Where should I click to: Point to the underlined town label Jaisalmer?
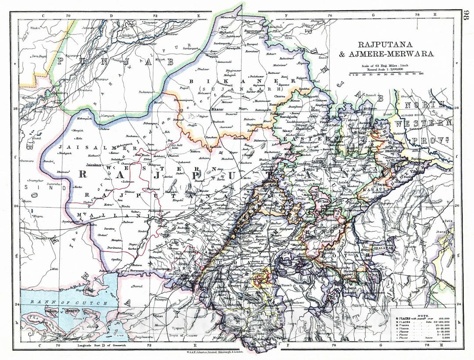click(95, 165)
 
